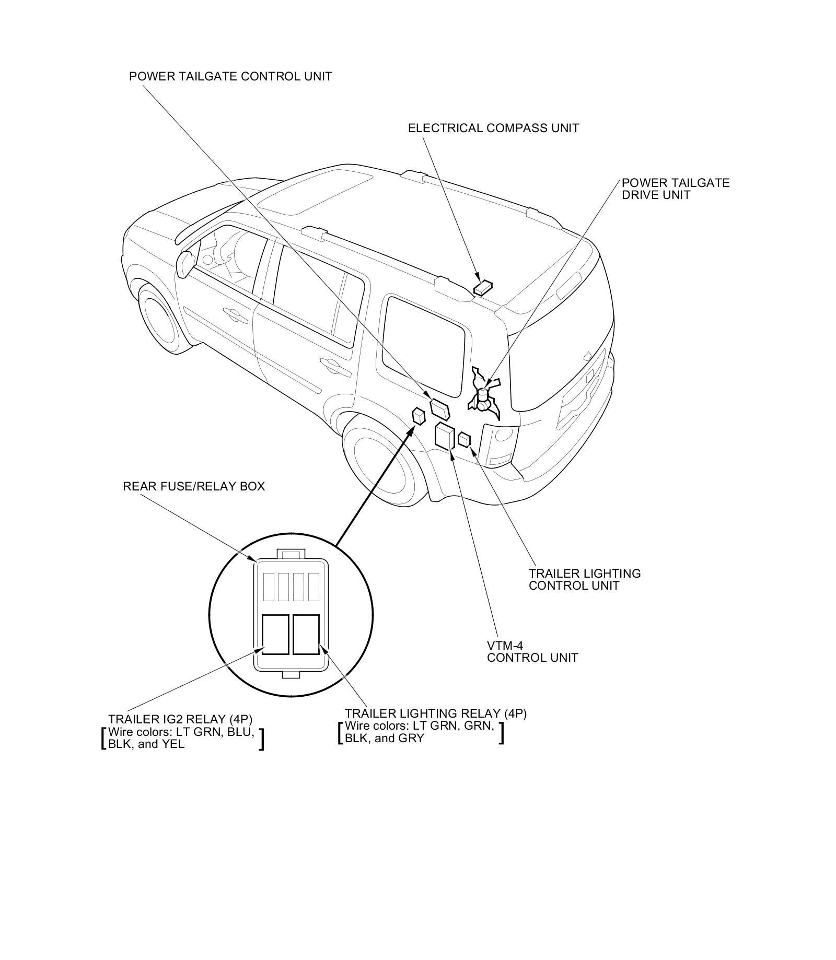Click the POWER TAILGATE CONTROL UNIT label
pos(230,76)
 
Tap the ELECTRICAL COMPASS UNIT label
pos(493,128)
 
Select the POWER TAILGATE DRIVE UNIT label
pos(675,189)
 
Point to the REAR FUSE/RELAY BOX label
pos(194,486)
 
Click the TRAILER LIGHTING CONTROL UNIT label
pos(584,579)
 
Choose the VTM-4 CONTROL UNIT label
pos(532,651)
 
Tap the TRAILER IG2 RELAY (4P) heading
pos(180,719)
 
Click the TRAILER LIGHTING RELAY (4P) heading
pos(435,713)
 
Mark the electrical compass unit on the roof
pos(483,287)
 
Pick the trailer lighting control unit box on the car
pos(463,439)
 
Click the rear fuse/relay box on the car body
pos(419,416)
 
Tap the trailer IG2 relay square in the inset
pos(275,634)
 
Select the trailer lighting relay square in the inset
pos(306,634)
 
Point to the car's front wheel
pos(156,320)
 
